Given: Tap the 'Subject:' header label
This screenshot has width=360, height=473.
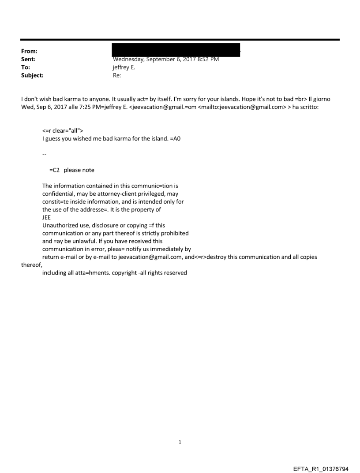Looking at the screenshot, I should [x=31, y=75].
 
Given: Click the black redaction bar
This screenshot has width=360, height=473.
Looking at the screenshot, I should [x=176, y=50].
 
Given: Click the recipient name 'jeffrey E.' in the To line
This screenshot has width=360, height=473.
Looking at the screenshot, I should [x=124, y=67].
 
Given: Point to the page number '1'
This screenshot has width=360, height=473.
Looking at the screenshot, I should [x=180, y=441].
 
